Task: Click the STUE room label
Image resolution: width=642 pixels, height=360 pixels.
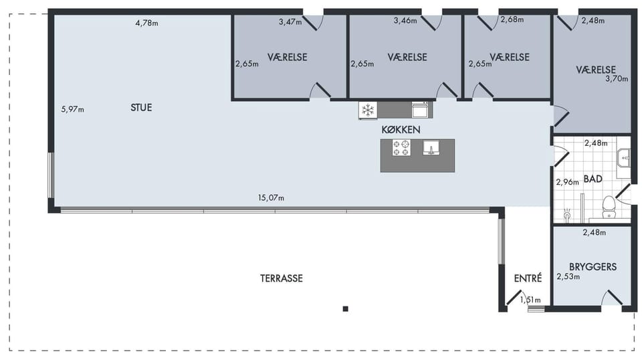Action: [x=141, y=108]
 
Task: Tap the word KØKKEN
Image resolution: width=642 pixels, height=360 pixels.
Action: [x=401, y=130]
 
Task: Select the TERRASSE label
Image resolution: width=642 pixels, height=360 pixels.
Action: [x=282, y=278]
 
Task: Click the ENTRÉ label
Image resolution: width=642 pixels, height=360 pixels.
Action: [x=528, y=278]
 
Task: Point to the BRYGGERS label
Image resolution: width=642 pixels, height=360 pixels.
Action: [x=593, y=267]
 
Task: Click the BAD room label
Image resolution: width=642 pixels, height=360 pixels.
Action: [x=593, y=179]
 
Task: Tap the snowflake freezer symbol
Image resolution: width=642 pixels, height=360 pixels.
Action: [x=368, y=110]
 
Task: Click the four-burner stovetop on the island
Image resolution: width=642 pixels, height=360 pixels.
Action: [x=401, y=147]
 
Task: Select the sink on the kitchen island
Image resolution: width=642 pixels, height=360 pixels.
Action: [x=431, y=147]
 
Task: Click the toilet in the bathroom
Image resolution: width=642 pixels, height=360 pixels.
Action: [x=609, y=207]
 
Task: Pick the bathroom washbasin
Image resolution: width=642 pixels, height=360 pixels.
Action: [x=624, y=158]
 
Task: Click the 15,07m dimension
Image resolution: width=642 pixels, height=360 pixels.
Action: [x=271, y=198]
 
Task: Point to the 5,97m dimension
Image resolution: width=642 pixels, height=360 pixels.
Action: [x=72, y=109]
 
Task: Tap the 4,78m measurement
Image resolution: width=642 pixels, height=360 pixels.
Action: [x=146, y=23]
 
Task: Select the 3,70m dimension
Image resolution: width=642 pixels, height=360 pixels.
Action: [x=617, y=79]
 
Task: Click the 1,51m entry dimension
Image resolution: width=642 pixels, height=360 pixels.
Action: [x=530, y=300]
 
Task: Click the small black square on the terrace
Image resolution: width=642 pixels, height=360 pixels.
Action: [x=346, y=308]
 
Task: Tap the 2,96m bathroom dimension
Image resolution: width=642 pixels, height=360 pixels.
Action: [x=568, y=182]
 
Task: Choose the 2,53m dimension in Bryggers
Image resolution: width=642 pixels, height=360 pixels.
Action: [x=568, y=277]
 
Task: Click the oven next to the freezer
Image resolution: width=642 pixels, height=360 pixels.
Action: [x=421, y=110]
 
